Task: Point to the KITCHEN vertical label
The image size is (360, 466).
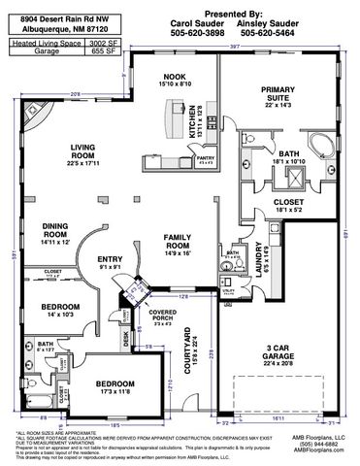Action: point(193,119)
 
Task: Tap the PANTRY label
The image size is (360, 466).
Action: point(205,157)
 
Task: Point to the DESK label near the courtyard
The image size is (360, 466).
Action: point(125,340)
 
